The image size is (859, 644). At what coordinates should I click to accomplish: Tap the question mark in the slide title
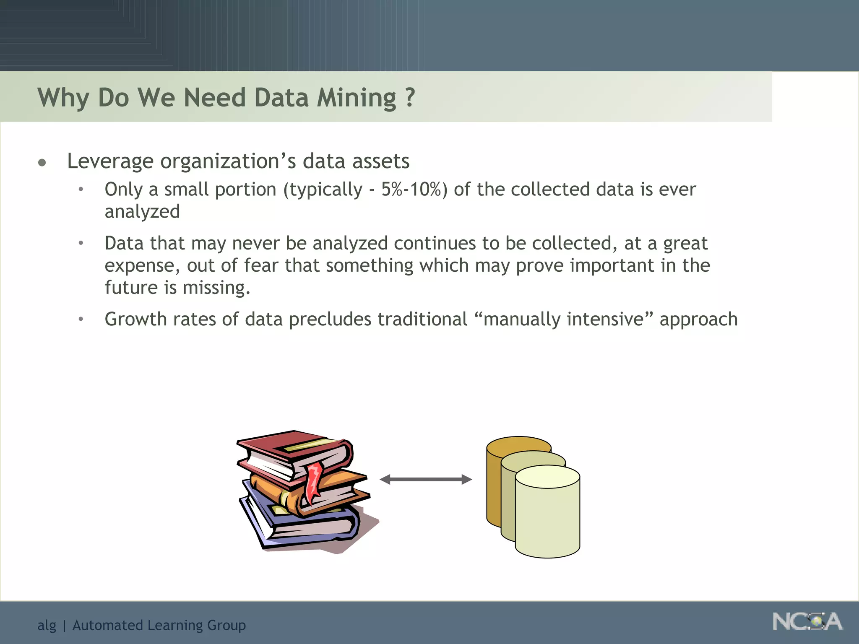point(410,97)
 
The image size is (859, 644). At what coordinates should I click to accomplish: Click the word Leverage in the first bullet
point(110,161)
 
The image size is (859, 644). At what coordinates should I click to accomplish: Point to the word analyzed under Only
point(142,212)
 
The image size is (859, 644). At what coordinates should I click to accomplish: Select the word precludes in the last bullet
point(330,319)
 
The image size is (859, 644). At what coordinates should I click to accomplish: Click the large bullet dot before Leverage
point(42,163)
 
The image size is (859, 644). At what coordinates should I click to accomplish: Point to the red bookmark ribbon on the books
point(312,482)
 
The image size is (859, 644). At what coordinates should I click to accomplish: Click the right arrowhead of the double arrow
point(466,479)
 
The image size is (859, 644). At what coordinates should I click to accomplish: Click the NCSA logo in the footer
point(807,622)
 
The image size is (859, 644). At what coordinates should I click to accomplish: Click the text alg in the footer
point(47,626)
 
